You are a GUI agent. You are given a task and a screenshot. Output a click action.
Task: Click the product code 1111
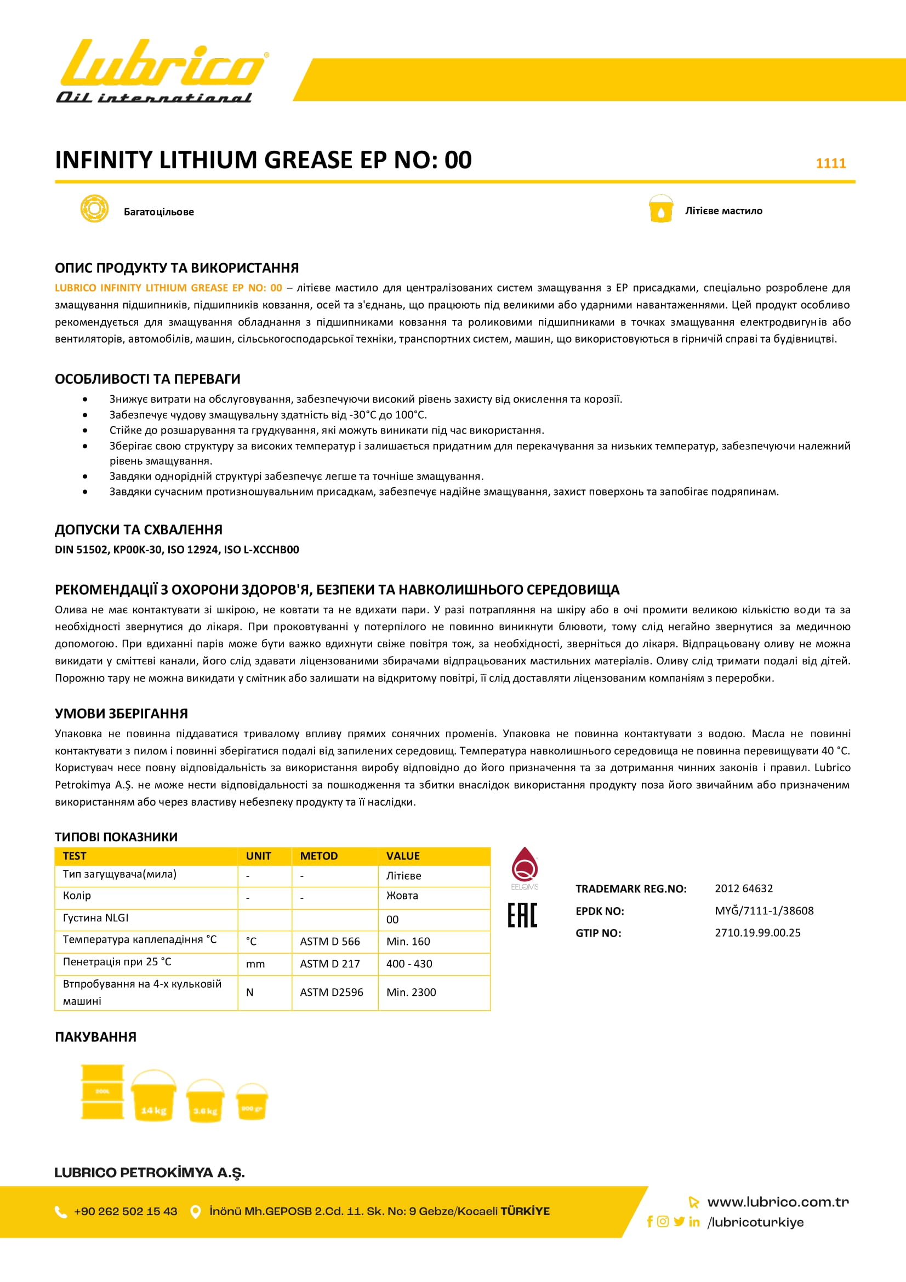(831, 163)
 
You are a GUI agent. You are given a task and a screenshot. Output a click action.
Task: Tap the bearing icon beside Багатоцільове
(94, 209)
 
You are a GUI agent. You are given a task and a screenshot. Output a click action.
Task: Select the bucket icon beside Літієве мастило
(661, 209)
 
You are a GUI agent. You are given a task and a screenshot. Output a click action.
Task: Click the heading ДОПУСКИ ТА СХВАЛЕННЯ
(139, 529)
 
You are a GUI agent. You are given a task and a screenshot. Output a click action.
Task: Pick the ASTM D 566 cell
(330, 942)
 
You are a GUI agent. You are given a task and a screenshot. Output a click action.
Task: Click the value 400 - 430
(409, 964)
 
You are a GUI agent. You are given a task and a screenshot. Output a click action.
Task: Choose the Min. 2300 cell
(411, 992)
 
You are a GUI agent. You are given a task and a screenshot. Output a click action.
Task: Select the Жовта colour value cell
(402, 896)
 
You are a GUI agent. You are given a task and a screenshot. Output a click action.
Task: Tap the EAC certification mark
(522, 915)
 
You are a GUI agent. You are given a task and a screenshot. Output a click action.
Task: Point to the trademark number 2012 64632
(744, 888)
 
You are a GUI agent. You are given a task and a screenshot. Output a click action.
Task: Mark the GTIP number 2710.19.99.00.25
(757, 932)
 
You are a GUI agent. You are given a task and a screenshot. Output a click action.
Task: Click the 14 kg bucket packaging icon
(153, 1096)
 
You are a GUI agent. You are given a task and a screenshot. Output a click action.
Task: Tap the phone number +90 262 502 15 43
(126, 1211)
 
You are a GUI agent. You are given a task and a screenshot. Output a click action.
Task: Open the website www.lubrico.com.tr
(778, 1201)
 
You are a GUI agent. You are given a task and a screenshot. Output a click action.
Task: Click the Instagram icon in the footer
(663, 1221)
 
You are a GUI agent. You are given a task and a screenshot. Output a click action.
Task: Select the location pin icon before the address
(195, 1212)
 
